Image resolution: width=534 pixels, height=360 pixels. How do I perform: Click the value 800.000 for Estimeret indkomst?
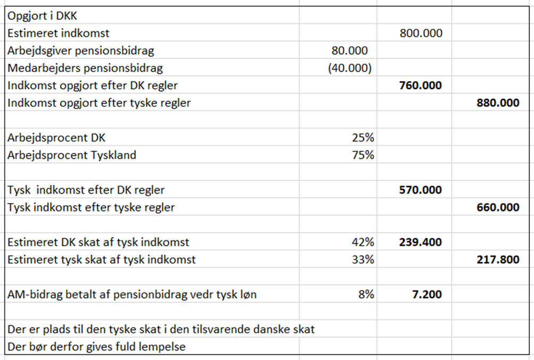click(421, 33)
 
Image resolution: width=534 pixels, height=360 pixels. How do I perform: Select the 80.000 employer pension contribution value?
click(349, 51)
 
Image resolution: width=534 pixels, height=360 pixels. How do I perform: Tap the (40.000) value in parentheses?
click(350, 68)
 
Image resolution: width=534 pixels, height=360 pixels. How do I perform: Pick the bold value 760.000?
click(420, 86)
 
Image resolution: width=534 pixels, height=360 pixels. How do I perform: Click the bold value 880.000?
click(498, 103)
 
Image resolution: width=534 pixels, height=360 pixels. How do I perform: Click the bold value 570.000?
click(420, 190)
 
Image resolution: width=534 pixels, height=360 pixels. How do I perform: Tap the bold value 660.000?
click(498, 207)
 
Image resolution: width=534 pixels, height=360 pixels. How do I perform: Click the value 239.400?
click(420, 242)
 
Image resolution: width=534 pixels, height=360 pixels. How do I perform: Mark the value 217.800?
click(498, 259)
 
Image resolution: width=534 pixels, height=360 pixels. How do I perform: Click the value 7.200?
click(427, 294)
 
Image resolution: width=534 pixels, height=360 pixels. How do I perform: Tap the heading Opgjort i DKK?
click(43, 16)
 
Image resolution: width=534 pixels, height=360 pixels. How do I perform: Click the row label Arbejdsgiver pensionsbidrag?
click(81, 51)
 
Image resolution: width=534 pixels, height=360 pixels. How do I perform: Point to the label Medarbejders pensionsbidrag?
click(85, 68)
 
